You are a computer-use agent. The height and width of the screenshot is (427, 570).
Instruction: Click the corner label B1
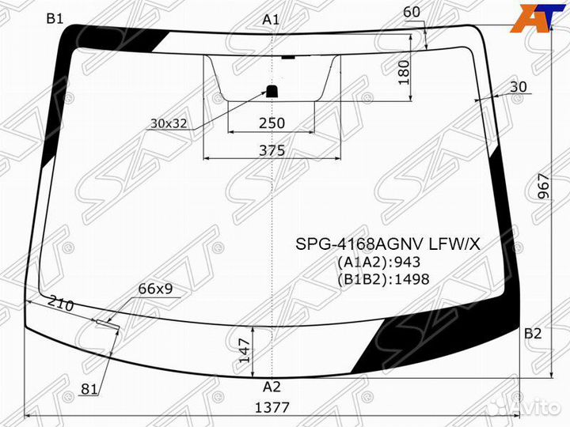click(x=55, y=18)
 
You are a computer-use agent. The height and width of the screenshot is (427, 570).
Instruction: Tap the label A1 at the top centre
click(x=271, y=20)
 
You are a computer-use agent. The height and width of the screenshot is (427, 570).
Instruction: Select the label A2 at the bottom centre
click(x=272, y=387)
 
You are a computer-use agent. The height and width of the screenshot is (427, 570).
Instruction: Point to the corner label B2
click(x=533, y=333)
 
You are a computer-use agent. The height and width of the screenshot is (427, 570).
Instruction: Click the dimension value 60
click(x=412, y=13)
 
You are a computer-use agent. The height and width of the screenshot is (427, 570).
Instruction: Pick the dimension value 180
click(x=404, y=73)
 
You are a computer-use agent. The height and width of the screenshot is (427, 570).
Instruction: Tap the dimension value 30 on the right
click(x=519, y=87)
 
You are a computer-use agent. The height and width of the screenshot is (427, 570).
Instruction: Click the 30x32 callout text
click(x=169, y=123)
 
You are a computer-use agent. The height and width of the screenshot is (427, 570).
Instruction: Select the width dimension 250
click(x=272, y=123)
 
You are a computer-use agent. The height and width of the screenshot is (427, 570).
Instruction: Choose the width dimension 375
click(x=272, y=150)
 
